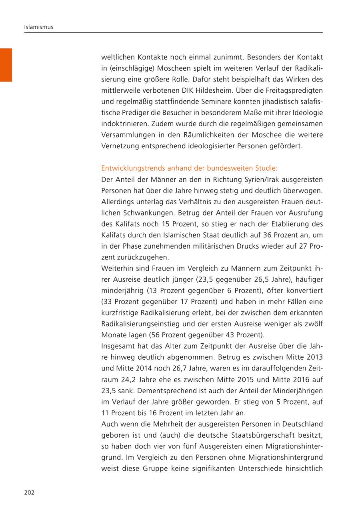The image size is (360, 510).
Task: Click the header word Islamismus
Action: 39,27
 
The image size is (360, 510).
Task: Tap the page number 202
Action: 29,492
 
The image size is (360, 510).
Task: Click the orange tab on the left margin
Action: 6,65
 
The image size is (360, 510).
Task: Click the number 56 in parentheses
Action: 156,335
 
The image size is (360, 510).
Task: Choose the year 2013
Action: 315,357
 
